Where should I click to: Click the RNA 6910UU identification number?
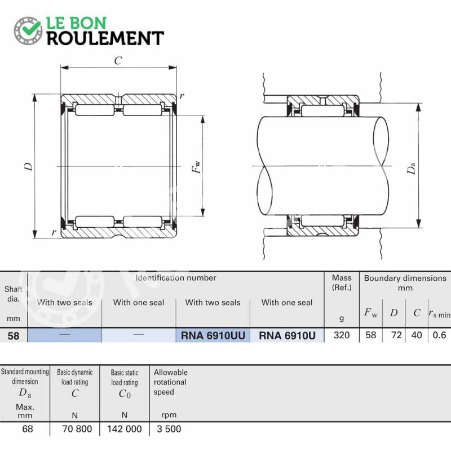[213, 335]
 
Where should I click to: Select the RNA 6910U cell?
[287, 335]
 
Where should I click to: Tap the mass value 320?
[342, 335]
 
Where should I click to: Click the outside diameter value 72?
[396, 335]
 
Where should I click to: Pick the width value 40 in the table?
[417, 335]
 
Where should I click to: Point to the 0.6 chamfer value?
[439, 335]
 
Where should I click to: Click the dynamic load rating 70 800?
[77, 429]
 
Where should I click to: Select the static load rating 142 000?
[125, 429]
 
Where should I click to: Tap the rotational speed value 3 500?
[169, 429]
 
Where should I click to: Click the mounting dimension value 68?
[28, 429]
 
